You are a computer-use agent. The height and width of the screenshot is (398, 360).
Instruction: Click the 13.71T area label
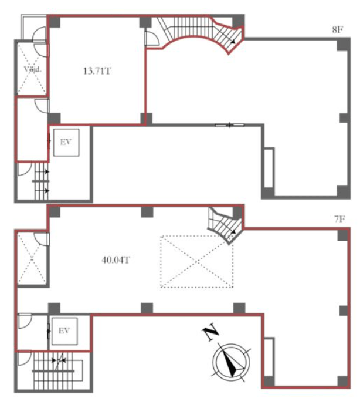click(97, 71)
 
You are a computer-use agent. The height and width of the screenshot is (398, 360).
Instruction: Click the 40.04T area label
click(116, 260)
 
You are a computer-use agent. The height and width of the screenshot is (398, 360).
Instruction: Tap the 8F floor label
click(338, 30)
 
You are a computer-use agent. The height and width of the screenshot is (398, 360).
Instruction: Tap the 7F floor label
click(339, 219)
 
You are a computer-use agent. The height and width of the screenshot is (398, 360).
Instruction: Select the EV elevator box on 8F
click(66, 143)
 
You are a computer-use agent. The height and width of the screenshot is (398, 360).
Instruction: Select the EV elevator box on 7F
click(64, 331)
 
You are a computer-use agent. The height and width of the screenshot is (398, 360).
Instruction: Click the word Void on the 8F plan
click(33, 69)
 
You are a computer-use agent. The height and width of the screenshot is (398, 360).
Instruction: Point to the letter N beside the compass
click(210, 332)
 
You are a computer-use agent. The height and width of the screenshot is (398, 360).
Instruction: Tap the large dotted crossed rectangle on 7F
click(197, 261)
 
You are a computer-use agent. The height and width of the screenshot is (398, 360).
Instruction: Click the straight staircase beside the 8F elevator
click(41, 181)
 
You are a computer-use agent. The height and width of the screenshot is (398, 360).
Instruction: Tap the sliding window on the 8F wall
click(229, 125)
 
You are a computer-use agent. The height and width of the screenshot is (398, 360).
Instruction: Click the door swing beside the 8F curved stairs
click(152, 39)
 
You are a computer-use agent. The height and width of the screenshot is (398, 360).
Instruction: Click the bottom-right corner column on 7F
click(344, 382)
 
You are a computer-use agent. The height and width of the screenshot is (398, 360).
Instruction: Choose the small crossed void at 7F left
click(32, 258)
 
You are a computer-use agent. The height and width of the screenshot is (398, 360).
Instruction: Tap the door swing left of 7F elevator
click(25, 321)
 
